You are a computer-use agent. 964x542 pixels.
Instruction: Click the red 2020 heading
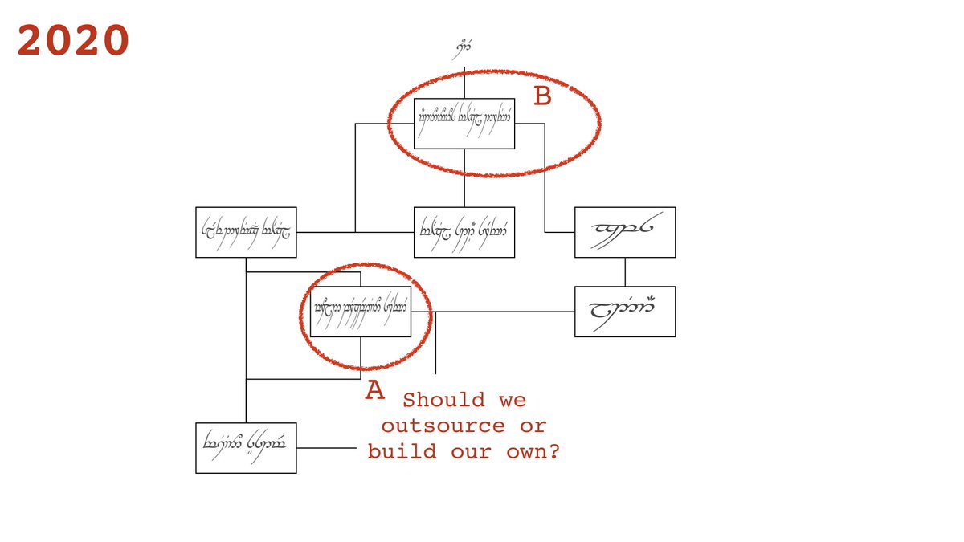73,40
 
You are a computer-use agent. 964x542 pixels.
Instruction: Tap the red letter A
374,390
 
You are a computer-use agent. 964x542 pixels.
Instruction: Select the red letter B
543,96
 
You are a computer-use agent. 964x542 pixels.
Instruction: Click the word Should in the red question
444,400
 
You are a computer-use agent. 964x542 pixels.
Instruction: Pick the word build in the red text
402,451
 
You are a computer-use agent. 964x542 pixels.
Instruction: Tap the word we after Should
513,400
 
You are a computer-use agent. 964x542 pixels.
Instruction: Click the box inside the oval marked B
464,124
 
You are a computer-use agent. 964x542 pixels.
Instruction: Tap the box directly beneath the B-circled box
464,232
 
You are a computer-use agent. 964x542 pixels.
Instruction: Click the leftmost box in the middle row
246,232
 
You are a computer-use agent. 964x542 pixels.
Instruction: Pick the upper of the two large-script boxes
625,232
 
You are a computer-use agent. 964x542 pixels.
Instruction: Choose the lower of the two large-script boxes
625,311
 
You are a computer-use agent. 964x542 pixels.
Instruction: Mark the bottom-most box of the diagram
246,447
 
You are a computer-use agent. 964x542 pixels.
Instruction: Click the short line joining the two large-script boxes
625,271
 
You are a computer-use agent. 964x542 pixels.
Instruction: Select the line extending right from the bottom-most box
325,447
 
